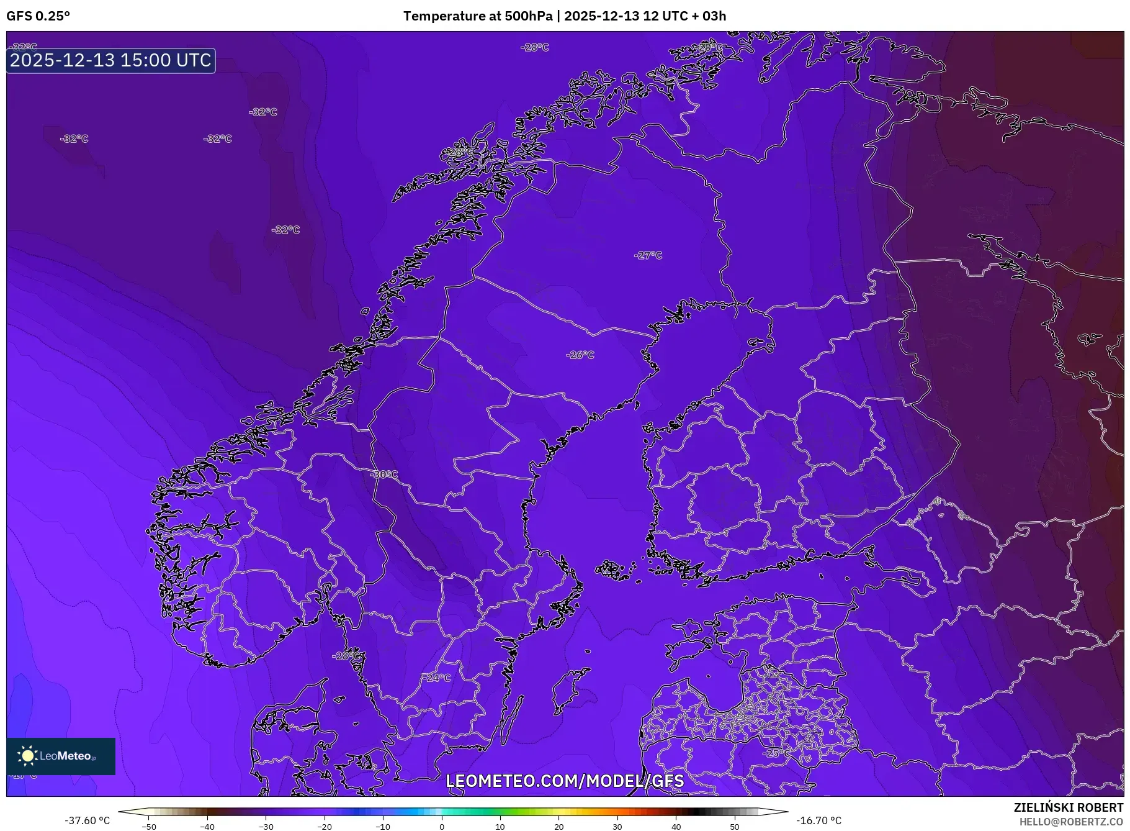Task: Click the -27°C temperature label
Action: [648, 255]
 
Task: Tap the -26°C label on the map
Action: [580, 355]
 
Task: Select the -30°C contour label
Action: [384, 475]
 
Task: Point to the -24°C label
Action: [437, 678]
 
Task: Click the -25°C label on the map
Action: [776, 753]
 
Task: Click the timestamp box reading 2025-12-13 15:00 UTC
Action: [111, 60]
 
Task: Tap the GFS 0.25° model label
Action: [38, 16]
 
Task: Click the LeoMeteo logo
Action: [61, 756]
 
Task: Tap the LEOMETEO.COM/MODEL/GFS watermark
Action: [565, 781]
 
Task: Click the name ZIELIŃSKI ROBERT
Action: [1068, 807]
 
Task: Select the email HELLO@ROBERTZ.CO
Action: [1070, 822]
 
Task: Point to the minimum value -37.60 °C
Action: [87, 820]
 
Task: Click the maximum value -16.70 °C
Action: [818, 820]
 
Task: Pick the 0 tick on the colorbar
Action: [441, 827]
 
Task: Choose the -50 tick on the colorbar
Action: [149, 827]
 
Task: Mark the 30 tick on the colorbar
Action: [617, 827]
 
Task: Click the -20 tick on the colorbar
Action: [324, 827]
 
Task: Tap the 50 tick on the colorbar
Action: [735, 827]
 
